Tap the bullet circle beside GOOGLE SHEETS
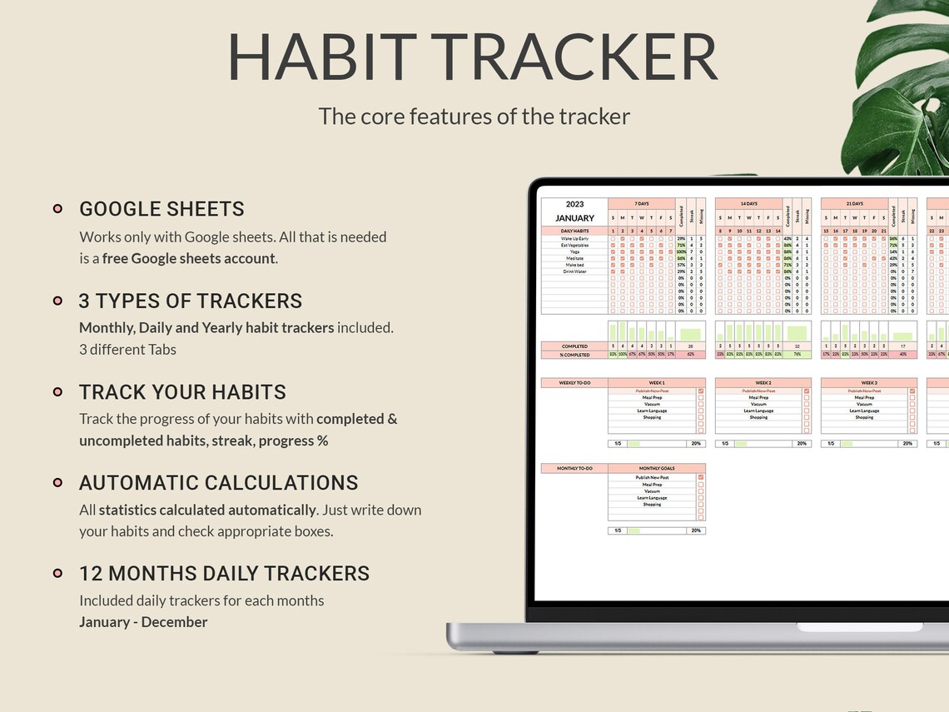coord(57,209)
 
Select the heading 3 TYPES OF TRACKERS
coord(191,301)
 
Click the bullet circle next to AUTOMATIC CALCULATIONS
coord(57,482)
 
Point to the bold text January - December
coord(143,622)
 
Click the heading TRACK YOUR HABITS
coord(182,392)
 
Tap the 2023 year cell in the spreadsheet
coord(574,204)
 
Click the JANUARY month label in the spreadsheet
coord(574,218)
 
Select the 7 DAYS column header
coord(641,204)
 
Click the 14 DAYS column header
coord(748,204)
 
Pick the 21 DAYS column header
coord(854,204)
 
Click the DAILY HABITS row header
coord(574,231)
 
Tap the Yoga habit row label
coord(574,251)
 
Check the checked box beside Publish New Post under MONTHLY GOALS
coord(700,478)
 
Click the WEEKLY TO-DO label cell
coord(574,383)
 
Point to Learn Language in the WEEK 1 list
coord(652,411)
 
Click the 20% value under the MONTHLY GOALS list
coord(696,530)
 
